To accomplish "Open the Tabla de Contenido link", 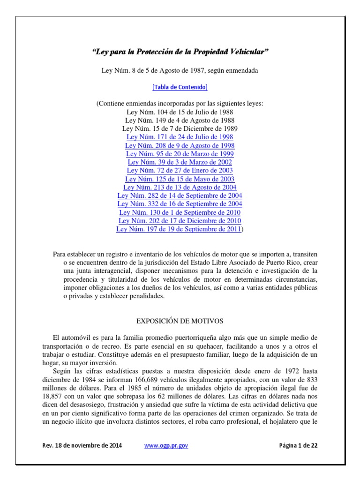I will (x=180, y=87).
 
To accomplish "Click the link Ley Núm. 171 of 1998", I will (x=180, y=137).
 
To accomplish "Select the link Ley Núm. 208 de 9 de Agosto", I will (x=180, y=145).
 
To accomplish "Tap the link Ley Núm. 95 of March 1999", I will (x=180, y=154).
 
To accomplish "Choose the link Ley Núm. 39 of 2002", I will (x=180, y=162).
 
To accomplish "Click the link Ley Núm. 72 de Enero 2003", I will (x=180, y=171).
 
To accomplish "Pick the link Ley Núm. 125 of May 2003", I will (x=180, y=179).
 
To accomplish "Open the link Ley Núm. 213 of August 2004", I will (x=180, y=187).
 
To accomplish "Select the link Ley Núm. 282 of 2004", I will (x=180, y=195).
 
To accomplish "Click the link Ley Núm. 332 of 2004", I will (x=180, y=204).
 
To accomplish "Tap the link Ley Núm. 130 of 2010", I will (x=180, y=212).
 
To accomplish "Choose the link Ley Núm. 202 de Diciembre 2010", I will (x=180, y=221).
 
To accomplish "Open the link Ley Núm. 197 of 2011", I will (x=179, y=229).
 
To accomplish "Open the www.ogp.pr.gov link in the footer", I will (x=166, y=446).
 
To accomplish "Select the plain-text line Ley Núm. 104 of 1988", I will (x=180, y=112).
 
